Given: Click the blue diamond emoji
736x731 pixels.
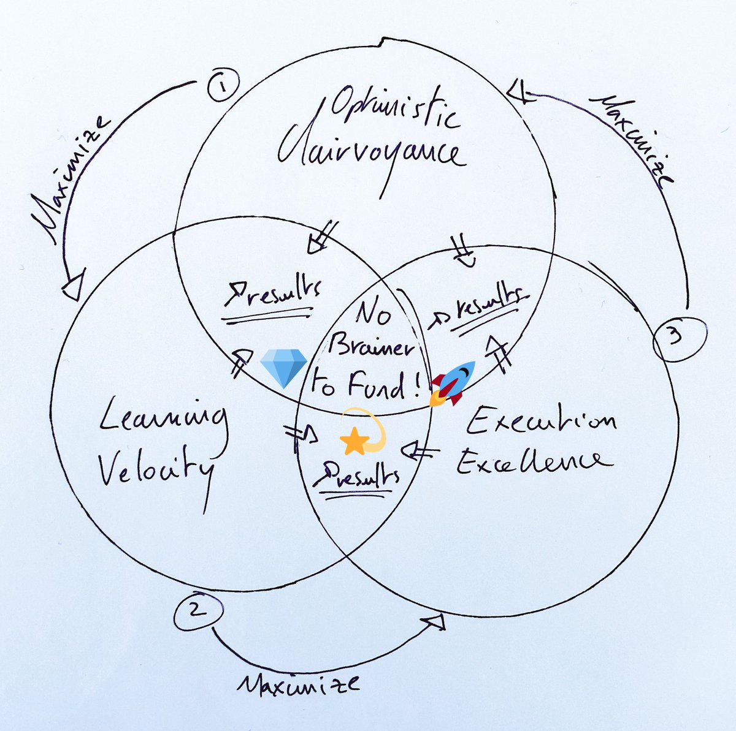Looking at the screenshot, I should tap(283, 369).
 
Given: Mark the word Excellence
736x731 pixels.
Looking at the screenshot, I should tap(533, 461).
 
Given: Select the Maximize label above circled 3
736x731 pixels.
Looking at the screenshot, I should tap(631, 138).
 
